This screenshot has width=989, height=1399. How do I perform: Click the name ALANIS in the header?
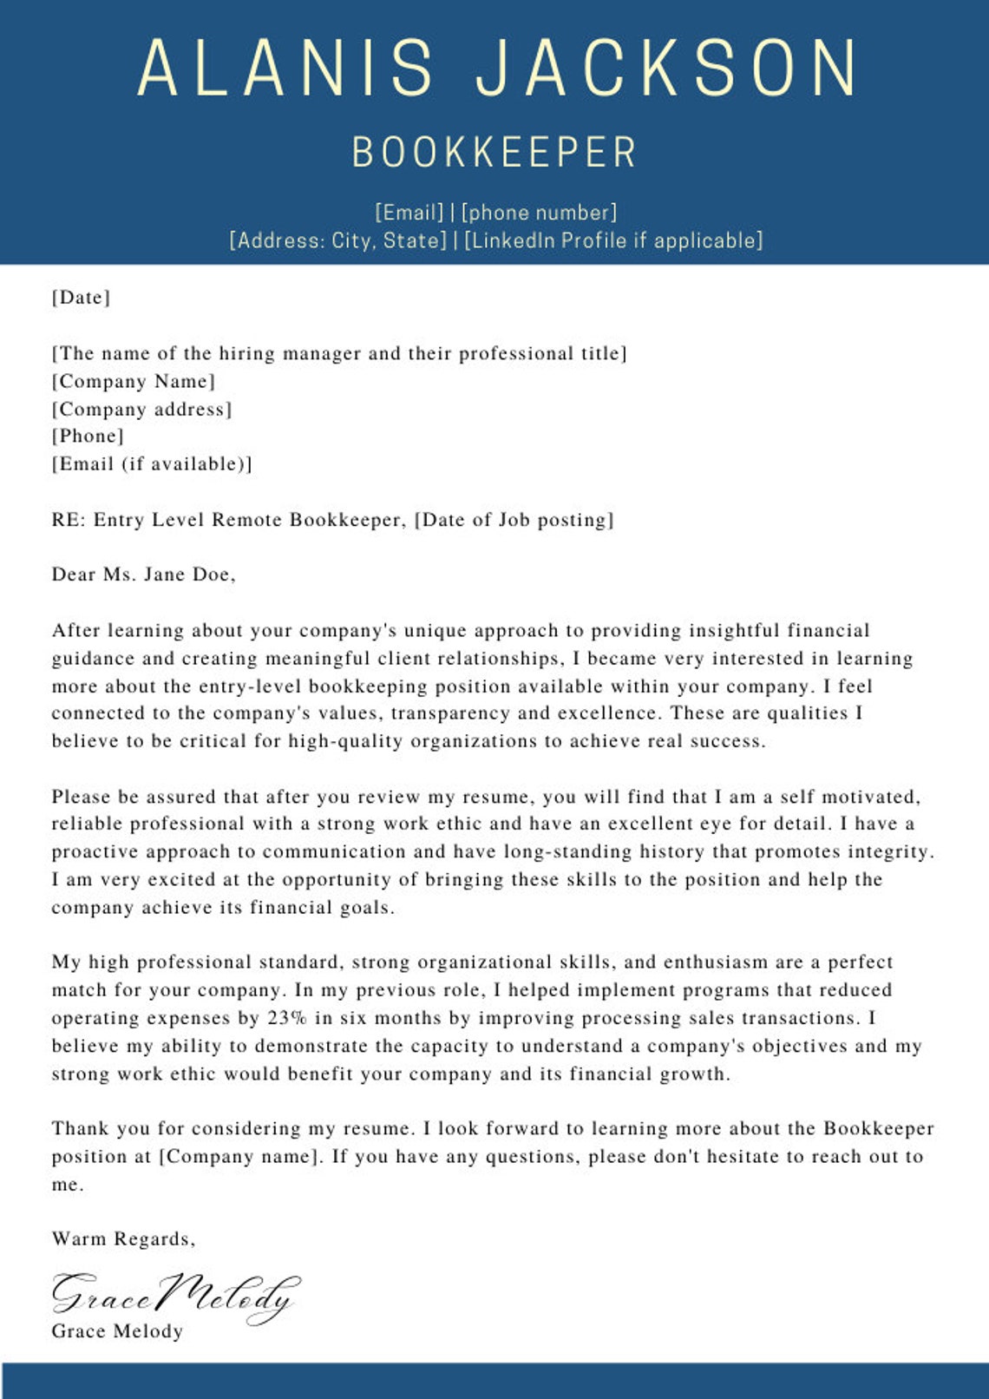click(285, 69)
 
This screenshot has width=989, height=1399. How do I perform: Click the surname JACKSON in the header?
click(666, 69)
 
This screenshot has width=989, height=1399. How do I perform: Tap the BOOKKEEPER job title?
click(494, 153)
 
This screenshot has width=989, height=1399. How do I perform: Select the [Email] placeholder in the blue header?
click(409, 213)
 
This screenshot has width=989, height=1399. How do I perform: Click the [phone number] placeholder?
click(539, 213)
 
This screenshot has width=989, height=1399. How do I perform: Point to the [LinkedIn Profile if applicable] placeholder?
click(613, 240)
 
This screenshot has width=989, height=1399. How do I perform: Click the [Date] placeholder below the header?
click(81, 298)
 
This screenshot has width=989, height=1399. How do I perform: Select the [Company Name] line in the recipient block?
click(133, 381)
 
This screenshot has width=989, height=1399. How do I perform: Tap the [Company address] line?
click(141, 409)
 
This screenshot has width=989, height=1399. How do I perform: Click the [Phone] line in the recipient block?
click(88, 436)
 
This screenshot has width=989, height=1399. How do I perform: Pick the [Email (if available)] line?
click(152, 463)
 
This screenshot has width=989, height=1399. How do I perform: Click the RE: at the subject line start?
click(67, 520)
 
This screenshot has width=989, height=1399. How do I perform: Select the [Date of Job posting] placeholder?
click(514, 520)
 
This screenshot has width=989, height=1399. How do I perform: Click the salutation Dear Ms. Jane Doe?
click(143, 575)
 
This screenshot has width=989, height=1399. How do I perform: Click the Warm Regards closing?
click(123, 1239)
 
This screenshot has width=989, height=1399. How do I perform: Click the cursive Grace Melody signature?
click(174, 1297)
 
